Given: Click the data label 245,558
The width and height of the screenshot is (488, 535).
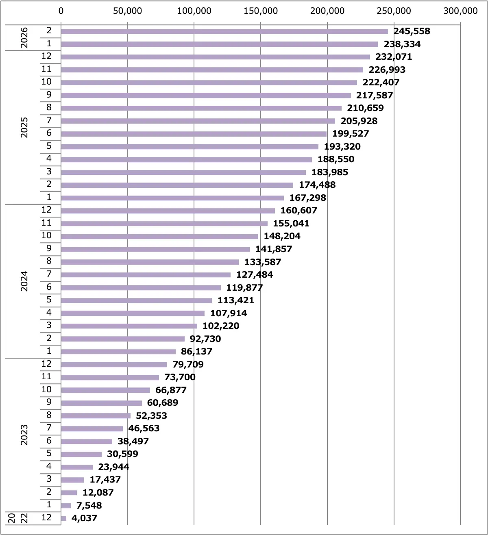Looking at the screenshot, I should click(x=412, y=31).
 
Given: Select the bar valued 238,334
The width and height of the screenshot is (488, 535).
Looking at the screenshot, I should click(x=220, y=44).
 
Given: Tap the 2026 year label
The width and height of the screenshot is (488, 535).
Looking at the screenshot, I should click(x=24, y=37).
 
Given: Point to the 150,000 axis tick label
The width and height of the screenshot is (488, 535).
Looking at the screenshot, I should click(x=261, y=11).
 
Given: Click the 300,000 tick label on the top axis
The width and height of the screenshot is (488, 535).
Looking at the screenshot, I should click(x=460, y=11).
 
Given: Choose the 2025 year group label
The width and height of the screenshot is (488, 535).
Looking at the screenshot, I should click(x=24, y=127).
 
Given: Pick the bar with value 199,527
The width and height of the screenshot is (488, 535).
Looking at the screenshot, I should click(x=194, y=134).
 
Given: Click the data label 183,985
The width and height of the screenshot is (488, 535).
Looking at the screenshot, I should click(x=330, y=172).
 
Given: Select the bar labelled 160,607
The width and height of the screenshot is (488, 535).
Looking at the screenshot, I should click(x=168, y=211).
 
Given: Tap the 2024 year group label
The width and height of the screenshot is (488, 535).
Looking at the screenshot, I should click(x=24, y=281).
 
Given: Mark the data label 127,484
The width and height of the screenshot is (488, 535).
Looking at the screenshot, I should click(x=255, y=275).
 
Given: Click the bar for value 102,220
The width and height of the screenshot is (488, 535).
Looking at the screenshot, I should click(x=129, y=326).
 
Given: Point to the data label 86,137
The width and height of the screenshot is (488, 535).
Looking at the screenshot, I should click(x=196, y=352).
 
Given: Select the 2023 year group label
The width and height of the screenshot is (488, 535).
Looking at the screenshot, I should click(x=24, y=435).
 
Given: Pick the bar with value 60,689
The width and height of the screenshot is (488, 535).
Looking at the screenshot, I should click(x=101, y=403).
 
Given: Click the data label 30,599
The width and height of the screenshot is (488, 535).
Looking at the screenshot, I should click(x=122, y=454).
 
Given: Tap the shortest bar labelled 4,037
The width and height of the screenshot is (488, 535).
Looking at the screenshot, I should click(x=63, y=518).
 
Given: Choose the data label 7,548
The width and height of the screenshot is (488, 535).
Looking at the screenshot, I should click(x=89, y=506).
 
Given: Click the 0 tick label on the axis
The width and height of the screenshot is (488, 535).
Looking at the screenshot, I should click(x=61, y=11).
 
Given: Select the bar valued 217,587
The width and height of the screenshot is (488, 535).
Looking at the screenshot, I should click(x=206, y=95).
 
